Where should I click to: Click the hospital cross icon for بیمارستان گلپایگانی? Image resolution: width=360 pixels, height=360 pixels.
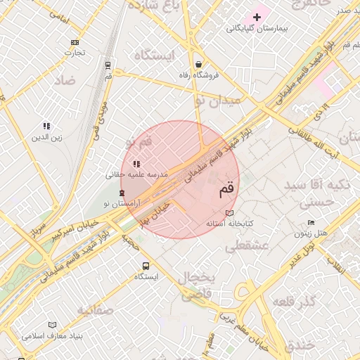pyautogui.click(x=257, y=16)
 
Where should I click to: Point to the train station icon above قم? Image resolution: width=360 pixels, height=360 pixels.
pyautogui.click(x=108, y=65)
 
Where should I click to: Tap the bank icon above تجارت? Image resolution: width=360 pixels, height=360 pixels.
pyautogui.click(x=75, y=42)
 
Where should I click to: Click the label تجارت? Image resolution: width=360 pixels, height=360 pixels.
pyautogui.click(x=75, y=53)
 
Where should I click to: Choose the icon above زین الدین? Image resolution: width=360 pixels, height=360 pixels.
pyautogui.click(x=46, y=126)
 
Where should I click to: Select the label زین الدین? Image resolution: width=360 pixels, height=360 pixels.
pyautogui.click(x=46, y=137)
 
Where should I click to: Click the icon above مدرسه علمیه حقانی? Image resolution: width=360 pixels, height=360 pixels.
pyautogui.click(x=136, y=164)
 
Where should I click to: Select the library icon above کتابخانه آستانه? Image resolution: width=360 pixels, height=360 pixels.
pyautogui.click(x=229, y=213)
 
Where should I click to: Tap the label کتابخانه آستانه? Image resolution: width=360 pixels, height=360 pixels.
pyautogui.click(x=229, y=224)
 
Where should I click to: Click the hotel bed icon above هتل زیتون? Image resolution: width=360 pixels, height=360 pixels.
pyautogui.click(x=311, y=223)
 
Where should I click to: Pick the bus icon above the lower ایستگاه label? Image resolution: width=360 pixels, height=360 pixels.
pyautogui.click(x=146, y=266)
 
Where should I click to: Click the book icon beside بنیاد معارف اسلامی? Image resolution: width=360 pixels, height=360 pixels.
pyautogui.click(x=52, y=325)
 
